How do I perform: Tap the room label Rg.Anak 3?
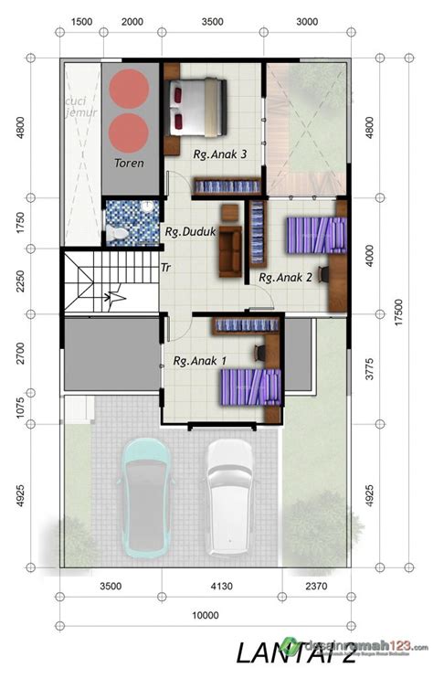tap(220, 154)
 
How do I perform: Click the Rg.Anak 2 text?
tap(286, 277)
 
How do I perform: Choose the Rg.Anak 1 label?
tap(201, 361)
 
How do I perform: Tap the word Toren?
tap(130, 163)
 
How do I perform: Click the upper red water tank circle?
tap(130, 88)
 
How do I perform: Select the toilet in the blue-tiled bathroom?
tap(117, 234)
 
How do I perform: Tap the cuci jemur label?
tap(80, 106)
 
